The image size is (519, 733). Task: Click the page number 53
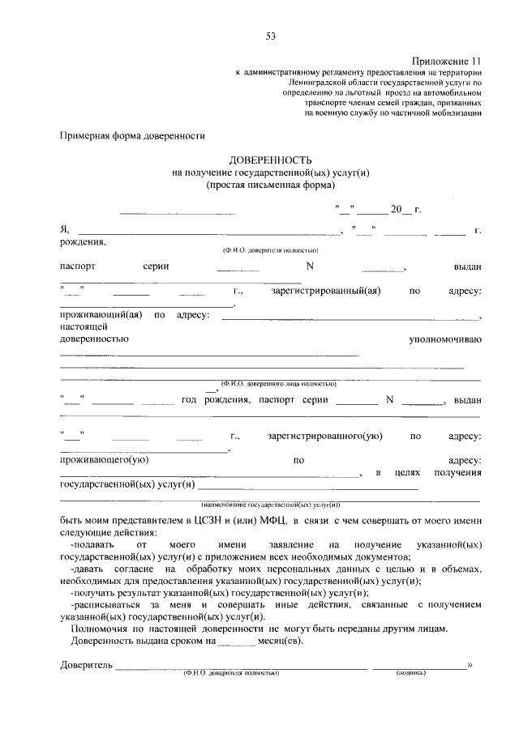point(270,35)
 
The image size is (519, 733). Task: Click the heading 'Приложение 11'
point(446,62)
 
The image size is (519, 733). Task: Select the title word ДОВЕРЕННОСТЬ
point(270,160)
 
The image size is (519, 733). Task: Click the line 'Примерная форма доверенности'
point(131,137)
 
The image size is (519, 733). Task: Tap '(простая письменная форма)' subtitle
point(270,184)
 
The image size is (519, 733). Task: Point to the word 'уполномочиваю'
point(444,338)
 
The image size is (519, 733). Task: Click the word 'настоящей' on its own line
point(79,326)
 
